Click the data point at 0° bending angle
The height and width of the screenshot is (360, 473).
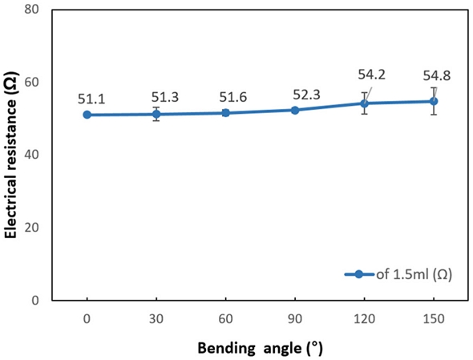click(x=87, y=115)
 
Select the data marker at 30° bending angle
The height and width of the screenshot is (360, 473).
click(x=156, y=114)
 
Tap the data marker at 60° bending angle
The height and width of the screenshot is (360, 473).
click(x=225, y=113)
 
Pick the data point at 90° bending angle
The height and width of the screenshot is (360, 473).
click(x=295, y=110)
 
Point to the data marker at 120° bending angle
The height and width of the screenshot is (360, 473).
click(x=364, y=103)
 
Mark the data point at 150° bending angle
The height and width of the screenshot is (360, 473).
click(x=434, y=101)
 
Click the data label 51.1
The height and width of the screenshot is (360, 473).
click(x=92, y=99)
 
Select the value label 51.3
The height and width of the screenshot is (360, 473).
click(x=161, y=98)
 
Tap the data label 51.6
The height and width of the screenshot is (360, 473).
click(x=232, y=97)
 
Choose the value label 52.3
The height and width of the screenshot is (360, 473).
click(x=301, y=94)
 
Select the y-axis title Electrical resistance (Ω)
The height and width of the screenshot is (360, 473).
click(x=11, y=156)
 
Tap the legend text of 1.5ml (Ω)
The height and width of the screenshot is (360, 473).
click(x=410, y=274)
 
